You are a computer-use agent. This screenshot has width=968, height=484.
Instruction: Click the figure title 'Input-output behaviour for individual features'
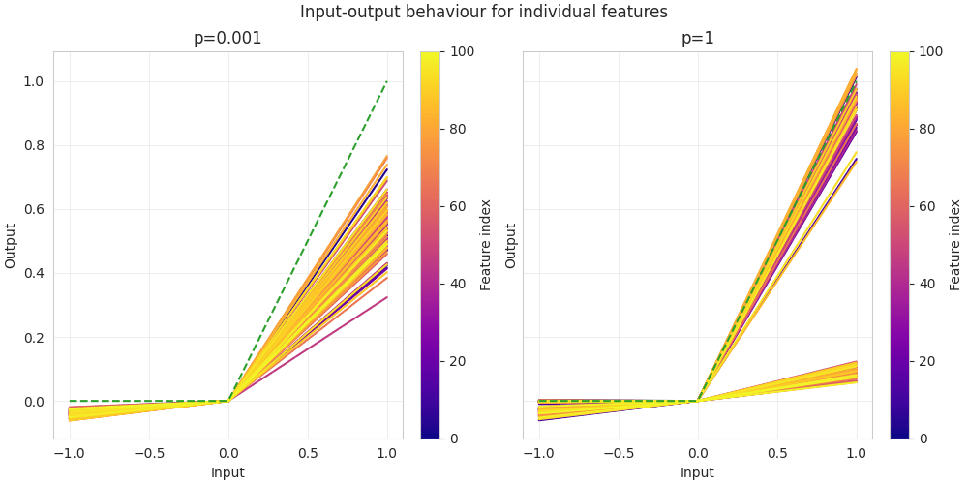point(483,13)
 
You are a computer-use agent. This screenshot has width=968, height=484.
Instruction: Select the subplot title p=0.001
point(227,39)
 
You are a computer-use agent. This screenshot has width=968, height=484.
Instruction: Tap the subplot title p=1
point(697,39)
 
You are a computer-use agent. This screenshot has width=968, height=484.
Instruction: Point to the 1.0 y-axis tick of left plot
point(33,81)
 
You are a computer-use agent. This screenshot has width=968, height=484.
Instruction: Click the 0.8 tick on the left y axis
point(33,145)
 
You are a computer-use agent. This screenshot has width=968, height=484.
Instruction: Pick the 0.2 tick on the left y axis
point(33,338)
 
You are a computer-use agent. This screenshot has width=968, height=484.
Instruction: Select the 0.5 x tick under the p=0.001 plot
point(308,453)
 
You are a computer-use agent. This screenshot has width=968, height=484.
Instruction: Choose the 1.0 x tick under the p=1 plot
point(857,453)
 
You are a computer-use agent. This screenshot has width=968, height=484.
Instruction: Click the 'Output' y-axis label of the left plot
point(11,246)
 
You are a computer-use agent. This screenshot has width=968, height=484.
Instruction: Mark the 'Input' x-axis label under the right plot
point(697,472)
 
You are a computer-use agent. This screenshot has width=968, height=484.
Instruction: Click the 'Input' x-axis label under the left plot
point(227,472)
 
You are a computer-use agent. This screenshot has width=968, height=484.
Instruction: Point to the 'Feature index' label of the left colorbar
point(486,245)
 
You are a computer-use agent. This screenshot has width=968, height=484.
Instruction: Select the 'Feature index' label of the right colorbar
point(955,245)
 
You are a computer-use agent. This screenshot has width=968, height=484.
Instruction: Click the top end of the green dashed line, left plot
point(387,81)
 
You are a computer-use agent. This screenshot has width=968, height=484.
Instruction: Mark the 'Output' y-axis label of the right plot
point(510,246)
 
